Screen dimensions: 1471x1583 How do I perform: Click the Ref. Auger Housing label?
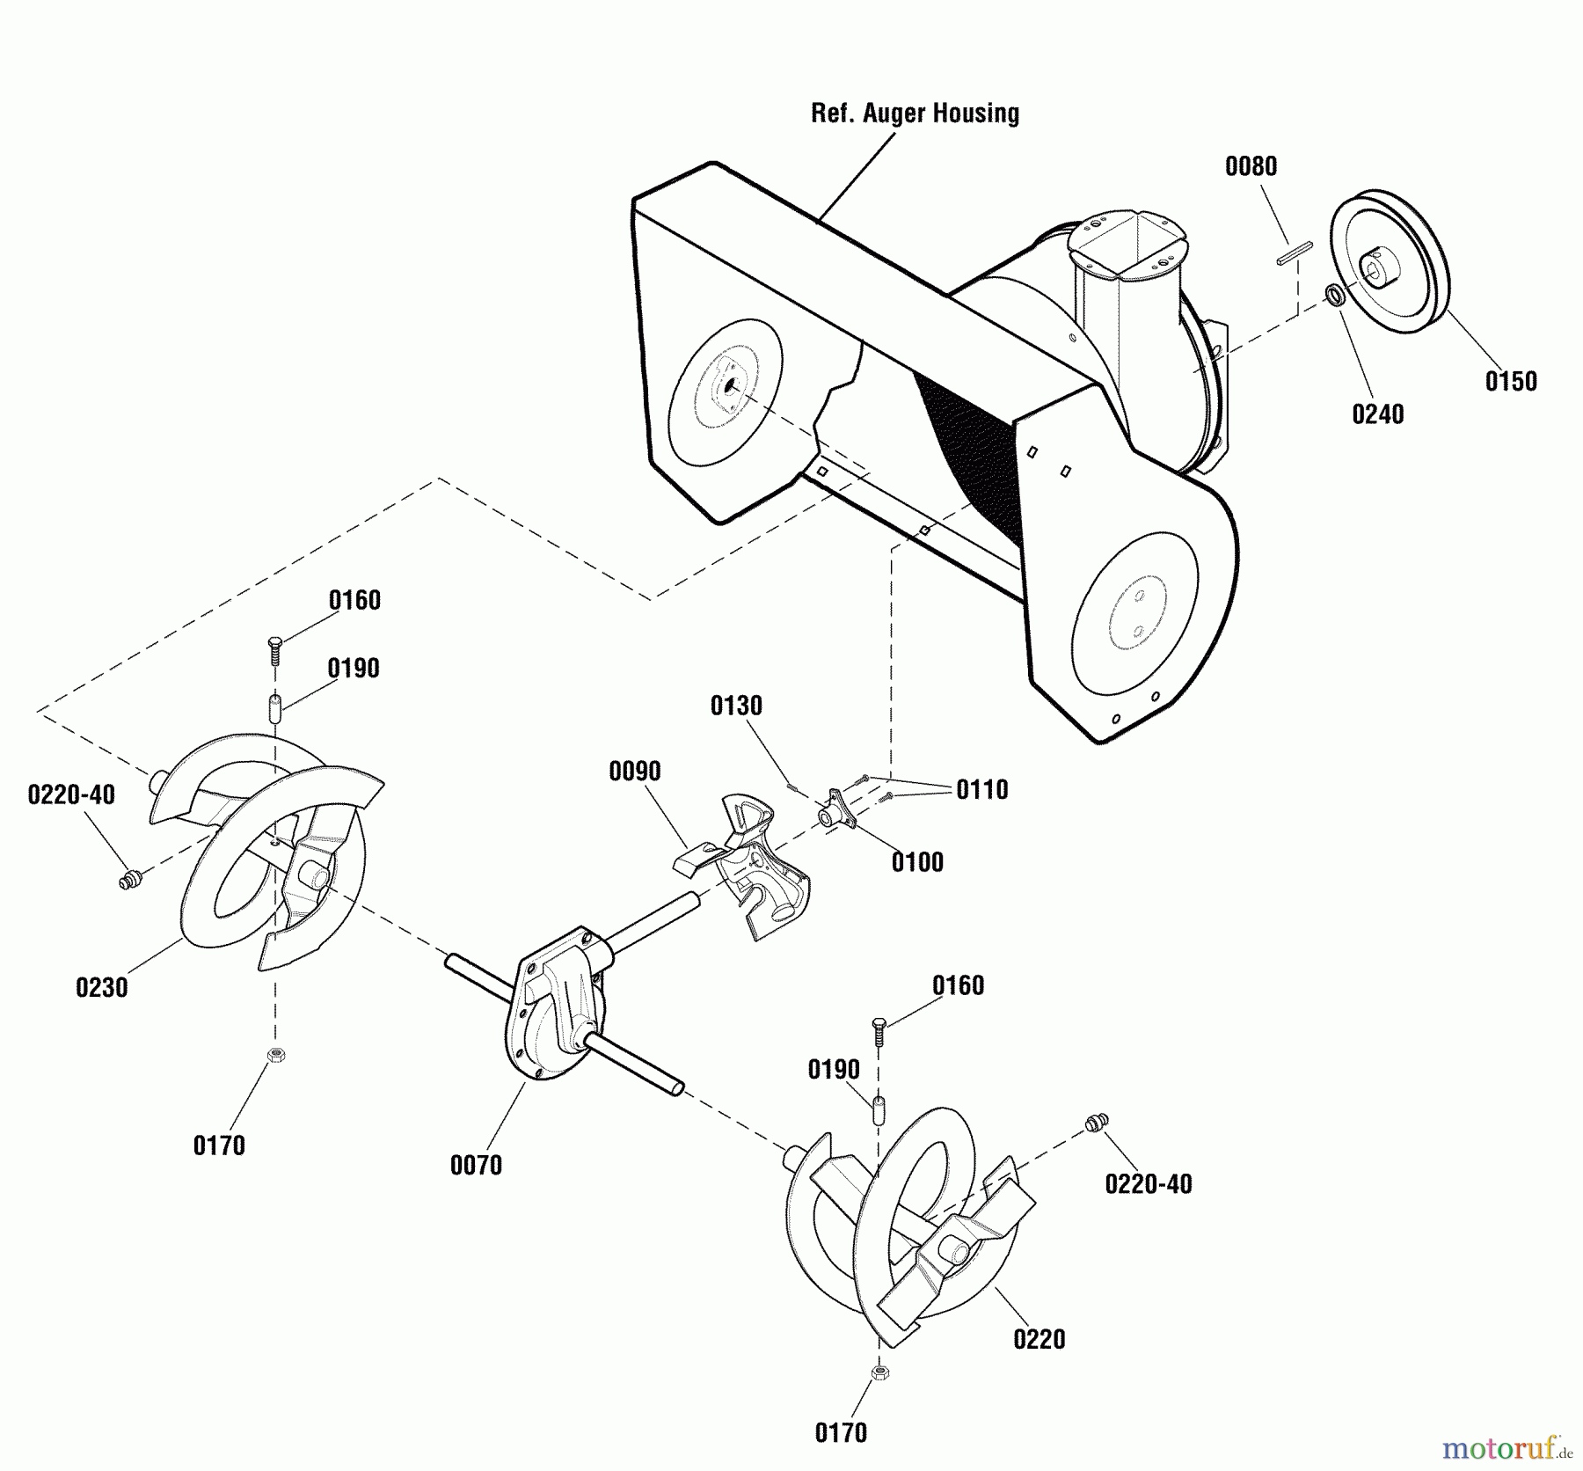[915, 113]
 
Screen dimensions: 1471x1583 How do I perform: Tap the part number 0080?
[1251, 166]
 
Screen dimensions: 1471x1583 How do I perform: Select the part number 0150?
[1511, 381]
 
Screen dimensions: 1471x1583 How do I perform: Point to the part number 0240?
[1377, 413]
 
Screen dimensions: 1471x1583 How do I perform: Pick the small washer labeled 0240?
[1335, 296]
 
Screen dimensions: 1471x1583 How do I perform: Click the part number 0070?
[476, 1165]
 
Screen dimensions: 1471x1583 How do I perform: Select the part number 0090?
[634, 771]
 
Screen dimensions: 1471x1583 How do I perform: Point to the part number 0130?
[736, 705]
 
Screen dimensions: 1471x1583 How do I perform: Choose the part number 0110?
[981, 789]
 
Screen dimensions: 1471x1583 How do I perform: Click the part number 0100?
[917, 861]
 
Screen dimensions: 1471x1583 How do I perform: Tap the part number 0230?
[102, 987]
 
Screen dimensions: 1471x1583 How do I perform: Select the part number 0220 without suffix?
[1039, 1339]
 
